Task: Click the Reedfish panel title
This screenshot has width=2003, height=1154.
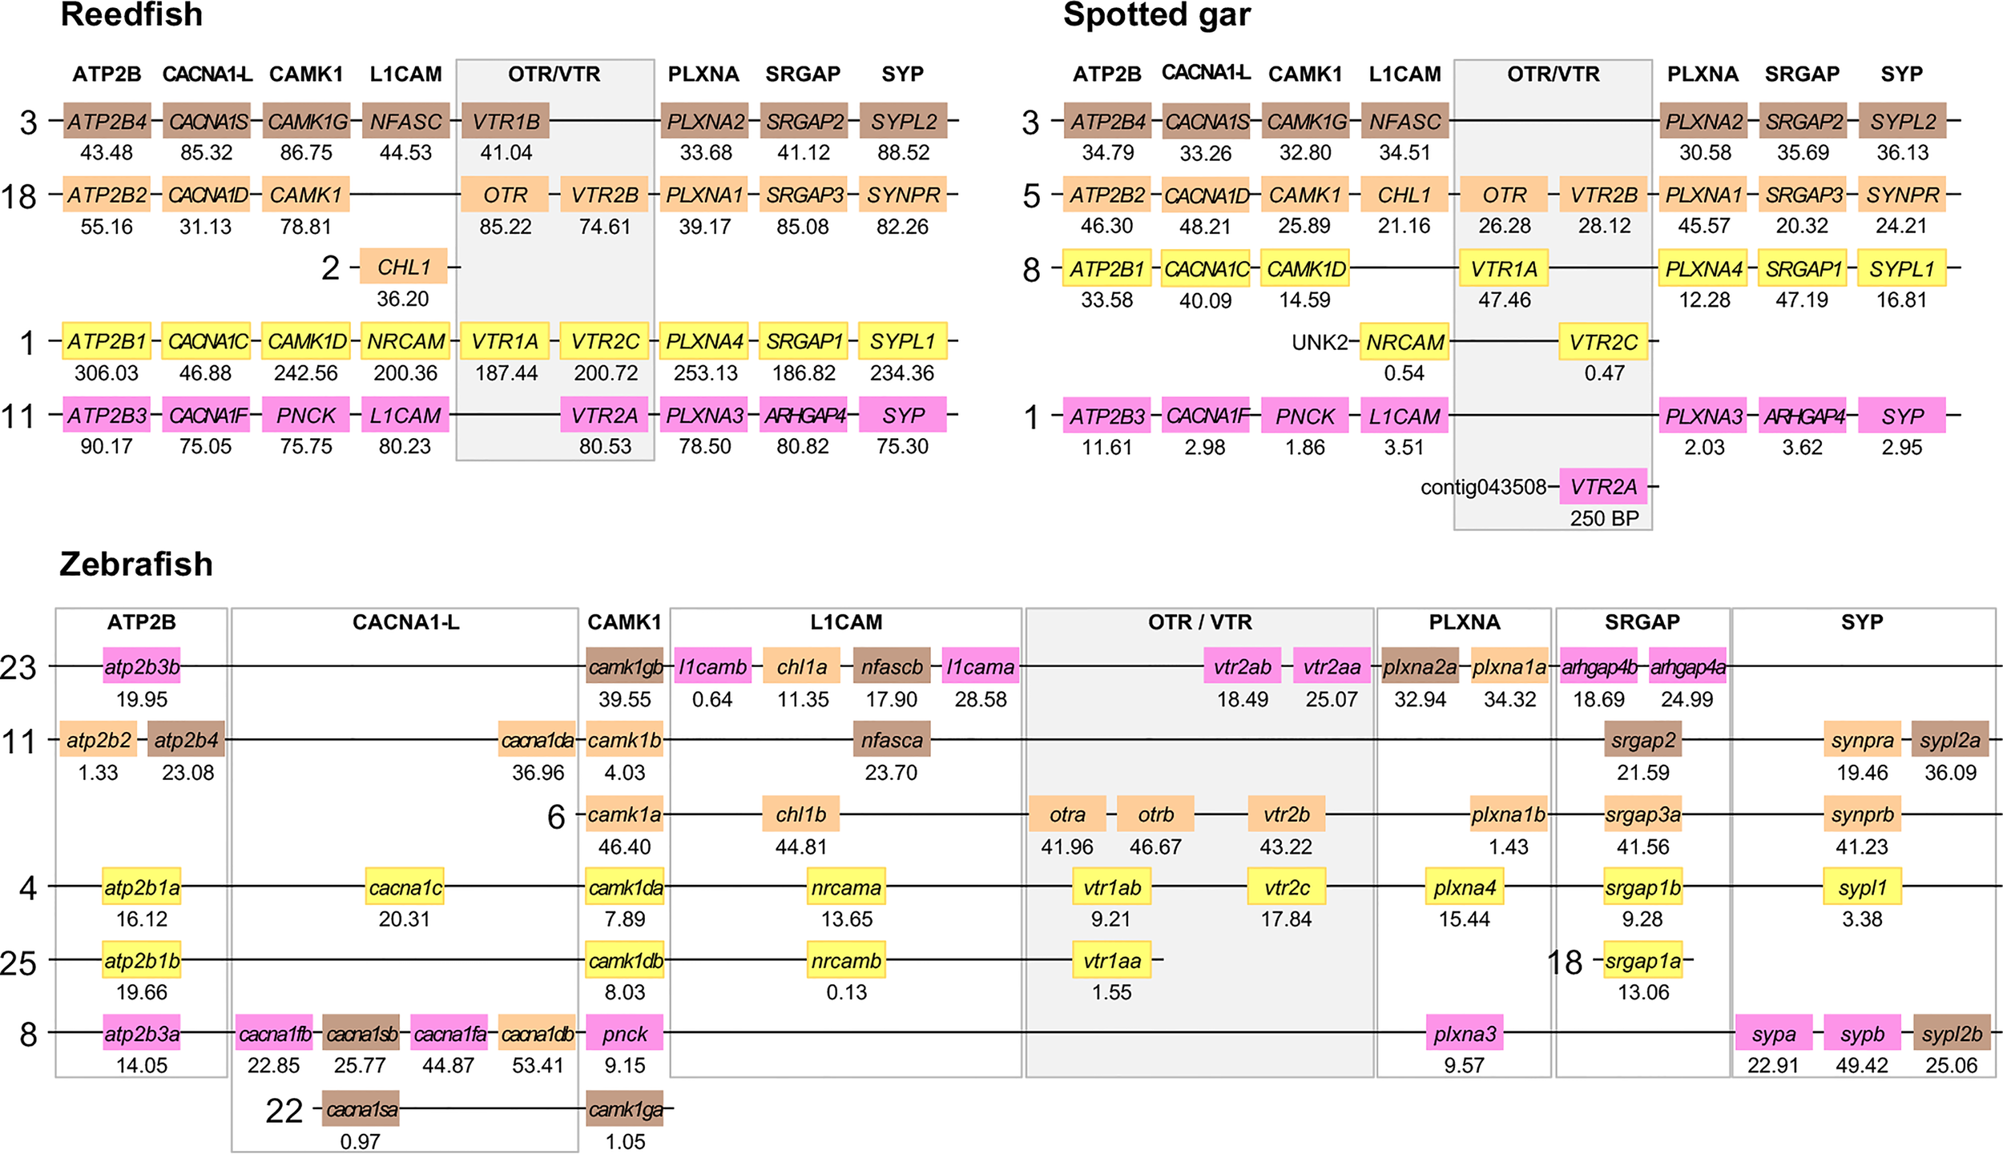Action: tap(131, 14)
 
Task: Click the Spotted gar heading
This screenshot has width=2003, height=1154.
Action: tap(1156, 14)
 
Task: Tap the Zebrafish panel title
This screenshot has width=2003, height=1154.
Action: tap(136, 564)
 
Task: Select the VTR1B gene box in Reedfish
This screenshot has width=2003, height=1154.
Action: tap(506, 121)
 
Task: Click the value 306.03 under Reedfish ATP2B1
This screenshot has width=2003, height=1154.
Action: tap(107, 373)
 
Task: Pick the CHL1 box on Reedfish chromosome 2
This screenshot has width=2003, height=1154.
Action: tap(404, 267)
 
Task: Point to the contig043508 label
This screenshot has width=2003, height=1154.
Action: tap(1483, 487)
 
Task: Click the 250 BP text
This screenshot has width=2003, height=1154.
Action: tap(1604, 518)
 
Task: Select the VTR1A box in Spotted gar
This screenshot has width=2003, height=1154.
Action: tap(1504, 268)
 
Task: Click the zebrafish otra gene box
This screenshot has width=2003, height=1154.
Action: tap(1067, 814)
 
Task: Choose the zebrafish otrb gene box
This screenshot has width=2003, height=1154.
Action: tap(1155, 814)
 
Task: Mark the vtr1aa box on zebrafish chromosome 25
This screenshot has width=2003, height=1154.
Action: tap(1111, 960)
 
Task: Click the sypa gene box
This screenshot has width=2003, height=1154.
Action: tap(1774, 1034)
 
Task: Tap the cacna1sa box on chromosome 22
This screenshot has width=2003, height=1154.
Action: tap(361, 1109)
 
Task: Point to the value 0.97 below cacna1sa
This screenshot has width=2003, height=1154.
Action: tap(360, 1141)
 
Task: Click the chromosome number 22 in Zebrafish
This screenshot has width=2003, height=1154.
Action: tap(284, 1111)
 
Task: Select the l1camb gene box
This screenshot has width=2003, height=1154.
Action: tap(712, 666)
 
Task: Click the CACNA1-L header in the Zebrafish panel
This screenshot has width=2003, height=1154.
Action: tap(405, 622)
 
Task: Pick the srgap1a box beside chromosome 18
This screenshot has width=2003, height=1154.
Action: tap(1642, 960)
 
